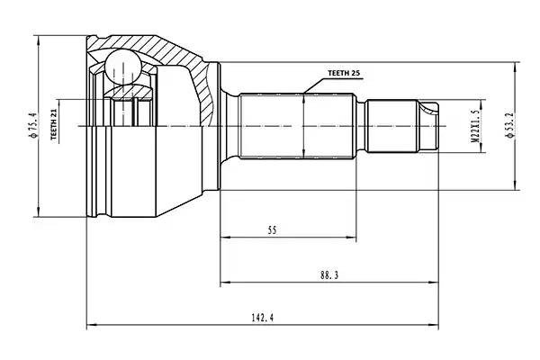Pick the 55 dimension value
(x=272, y=231)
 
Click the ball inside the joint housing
(x=121, y=67)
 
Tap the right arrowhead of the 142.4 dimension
(x=439, y=325)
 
